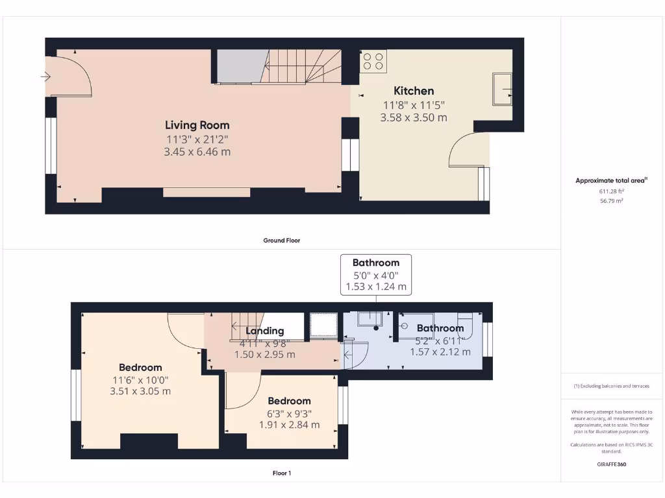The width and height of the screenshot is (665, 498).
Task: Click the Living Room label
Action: [x=197, y=125]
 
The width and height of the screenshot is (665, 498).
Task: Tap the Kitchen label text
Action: [x=414, y=91]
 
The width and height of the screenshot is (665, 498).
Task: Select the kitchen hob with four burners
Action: [x=373, y=61]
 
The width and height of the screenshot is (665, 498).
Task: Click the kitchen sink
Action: [x=501, y=89]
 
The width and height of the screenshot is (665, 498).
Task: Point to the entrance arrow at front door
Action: [x=45, y=77]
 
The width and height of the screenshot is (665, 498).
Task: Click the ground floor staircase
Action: [x=302, y=67]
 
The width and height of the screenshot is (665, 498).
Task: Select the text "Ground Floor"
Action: [x=281, y=241]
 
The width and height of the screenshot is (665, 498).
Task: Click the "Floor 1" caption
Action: [x=281, y=473]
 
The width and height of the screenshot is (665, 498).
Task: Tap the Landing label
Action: [x=264, y=331]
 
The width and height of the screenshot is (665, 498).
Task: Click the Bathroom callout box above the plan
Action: [x=376, y=274]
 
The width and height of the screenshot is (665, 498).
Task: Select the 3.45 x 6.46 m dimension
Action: [x=197, y=152]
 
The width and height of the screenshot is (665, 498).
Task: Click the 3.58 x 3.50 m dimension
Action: [x=414, y=117]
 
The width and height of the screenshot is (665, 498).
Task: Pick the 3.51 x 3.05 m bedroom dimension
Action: [x=140, y=391]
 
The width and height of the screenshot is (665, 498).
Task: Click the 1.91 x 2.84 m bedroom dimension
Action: [x=289, y=425]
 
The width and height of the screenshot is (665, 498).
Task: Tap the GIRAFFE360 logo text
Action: [x=611, y=464]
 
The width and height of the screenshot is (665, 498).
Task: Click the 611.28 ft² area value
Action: [x=611, y=191]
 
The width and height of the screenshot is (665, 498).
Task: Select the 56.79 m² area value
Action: [x=611, y=201]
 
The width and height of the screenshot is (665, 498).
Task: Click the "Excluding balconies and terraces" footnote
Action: [x=611, y=386]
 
